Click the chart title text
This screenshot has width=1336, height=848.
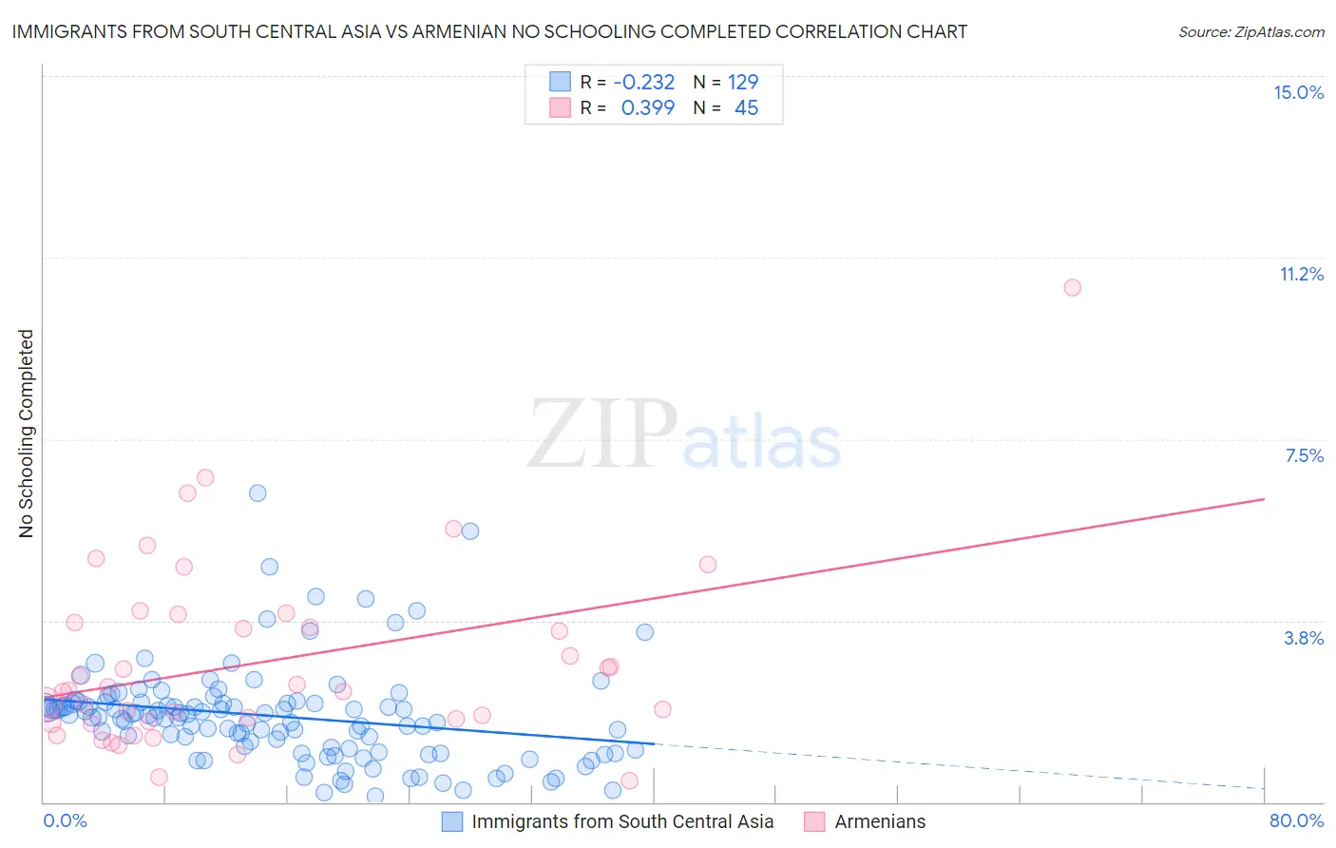point(489,31)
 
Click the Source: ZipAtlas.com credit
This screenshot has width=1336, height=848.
point(1250,31)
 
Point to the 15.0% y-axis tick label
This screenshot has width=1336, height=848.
point(1298,92)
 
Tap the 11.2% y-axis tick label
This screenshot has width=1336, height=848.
point(1301,274)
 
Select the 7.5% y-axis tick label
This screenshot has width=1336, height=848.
point(1304,455)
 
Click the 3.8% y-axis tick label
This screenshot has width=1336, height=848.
point(1304,638)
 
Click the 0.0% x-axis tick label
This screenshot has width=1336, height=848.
point(65,820)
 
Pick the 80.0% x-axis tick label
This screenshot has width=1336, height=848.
point(1296,820)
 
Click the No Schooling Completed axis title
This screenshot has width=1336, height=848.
point(27,434)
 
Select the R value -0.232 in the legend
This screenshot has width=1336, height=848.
point(643,83)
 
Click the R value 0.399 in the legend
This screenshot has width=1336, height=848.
point(647,108)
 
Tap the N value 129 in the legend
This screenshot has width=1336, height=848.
point(743,83)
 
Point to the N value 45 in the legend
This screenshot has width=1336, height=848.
point(746,108)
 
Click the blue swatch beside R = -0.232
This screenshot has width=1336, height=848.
point(561,83)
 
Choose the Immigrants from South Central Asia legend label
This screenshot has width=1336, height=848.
point(622,821)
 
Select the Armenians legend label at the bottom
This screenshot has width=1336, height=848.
point(880,821)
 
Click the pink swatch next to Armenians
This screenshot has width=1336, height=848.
point(814,821)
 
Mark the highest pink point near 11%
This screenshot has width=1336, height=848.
point(1072,287)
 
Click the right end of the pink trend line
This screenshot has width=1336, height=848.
point(1264,498)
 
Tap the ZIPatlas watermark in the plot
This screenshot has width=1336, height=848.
point(684,434)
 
